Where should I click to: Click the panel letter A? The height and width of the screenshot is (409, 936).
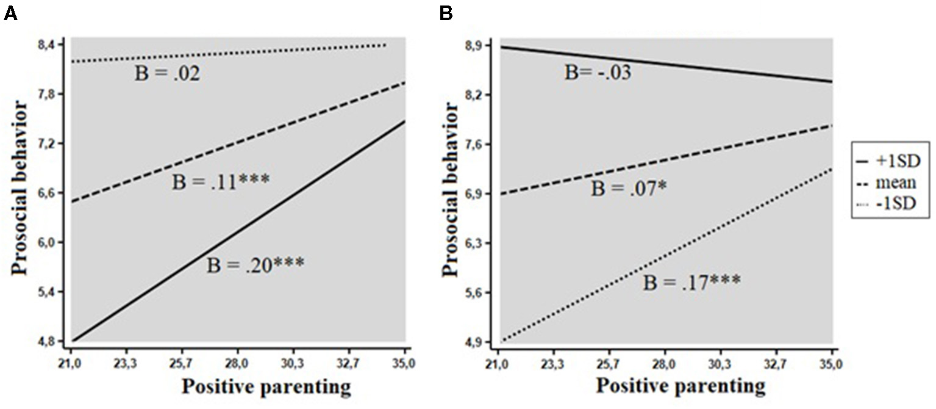click(10, 14)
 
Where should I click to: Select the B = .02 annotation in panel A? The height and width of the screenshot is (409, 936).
click(167, 74)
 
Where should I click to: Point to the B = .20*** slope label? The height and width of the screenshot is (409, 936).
click(255, 266)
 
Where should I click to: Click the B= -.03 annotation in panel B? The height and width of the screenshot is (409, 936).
click(598, 73)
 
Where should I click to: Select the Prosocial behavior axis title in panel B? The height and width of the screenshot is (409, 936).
click(452, 190)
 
